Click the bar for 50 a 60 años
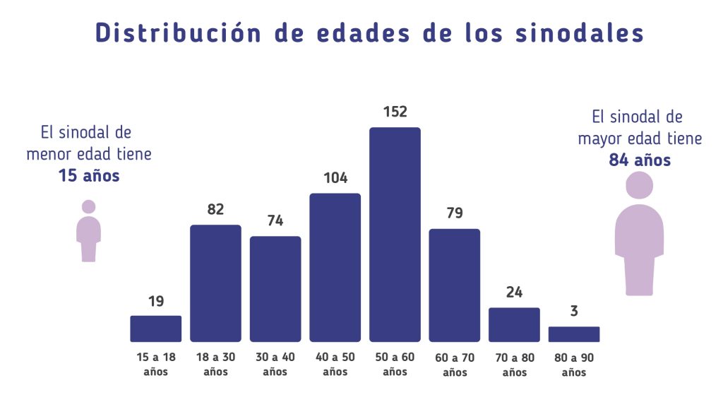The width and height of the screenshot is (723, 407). (395, 235)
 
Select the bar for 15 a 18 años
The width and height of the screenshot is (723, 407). (156, 329)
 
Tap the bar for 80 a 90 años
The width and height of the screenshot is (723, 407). (574, 334)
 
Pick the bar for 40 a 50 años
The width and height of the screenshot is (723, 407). (335, 267)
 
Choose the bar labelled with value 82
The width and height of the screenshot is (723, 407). (215, 283)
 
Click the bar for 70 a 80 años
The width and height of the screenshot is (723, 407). (514, 325)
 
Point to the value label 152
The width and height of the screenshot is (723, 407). (395, 112)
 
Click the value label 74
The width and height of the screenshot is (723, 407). (275, 220)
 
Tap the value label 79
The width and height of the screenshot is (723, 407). (455, 213)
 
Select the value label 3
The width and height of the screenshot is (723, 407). (574, 311)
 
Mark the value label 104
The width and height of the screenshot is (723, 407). (335, 177)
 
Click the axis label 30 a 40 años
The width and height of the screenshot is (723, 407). (275, 364)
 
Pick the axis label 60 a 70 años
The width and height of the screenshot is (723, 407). (455, 364)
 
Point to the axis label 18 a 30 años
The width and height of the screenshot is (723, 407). (215, 364)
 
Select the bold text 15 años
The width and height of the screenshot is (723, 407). (89, 176)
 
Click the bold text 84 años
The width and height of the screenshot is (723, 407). (640, 160)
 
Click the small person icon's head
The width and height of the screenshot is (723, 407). (88, 207)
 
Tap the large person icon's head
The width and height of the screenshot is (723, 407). (640, 186)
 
